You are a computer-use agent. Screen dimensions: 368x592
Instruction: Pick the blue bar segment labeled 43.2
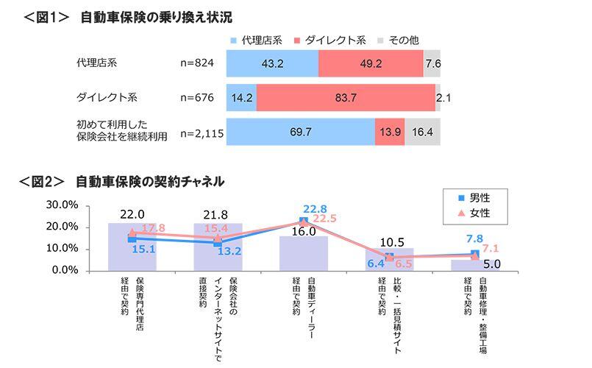click(272, 64)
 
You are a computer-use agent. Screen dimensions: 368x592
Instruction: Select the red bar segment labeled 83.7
click(346, 97)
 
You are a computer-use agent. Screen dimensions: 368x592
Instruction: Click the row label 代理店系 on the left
click(96, 64)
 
